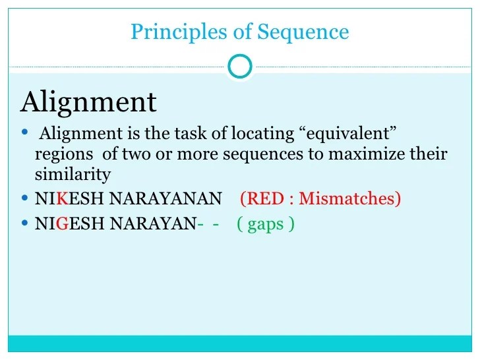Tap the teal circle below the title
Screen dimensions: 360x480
coord(239,65)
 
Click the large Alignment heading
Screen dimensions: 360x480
coord(88,102)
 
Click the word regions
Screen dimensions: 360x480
coord(61,155)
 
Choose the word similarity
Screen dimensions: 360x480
coord(73,175)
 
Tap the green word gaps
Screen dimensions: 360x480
coord(266,225)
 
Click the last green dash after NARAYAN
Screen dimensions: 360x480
coord(216,224)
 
